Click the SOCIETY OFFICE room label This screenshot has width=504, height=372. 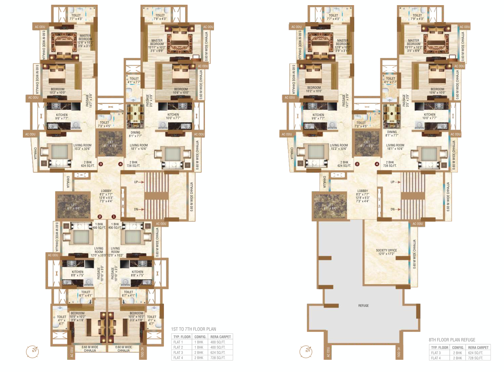[x=386, y=250]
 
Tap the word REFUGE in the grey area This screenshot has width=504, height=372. [x=363, y=305]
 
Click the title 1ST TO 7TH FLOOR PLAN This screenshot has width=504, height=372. [x=193, y=329]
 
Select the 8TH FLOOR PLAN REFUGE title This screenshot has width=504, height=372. [x=452, y=340]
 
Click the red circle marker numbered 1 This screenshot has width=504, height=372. [x=114, y=216]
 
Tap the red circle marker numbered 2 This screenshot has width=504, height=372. [x=100, y=216]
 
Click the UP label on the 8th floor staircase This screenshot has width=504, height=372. [x=392, y=182]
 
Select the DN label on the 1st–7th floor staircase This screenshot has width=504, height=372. [x=136, y=209]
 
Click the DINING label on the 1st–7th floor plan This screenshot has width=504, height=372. [x=135, y=132]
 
